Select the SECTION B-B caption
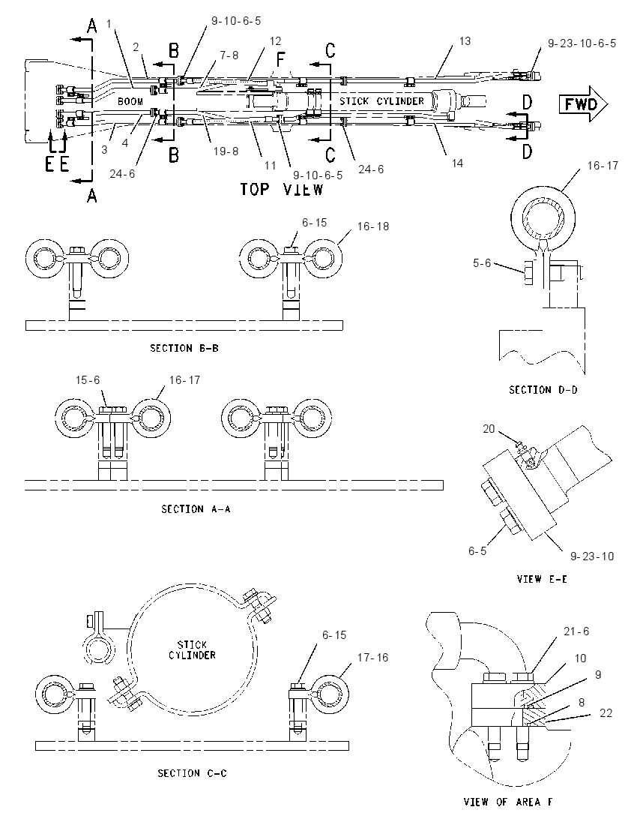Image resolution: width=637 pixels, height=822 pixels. (x=184, y=348)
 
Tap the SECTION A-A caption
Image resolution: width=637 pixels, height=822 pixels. (x=196, y=509)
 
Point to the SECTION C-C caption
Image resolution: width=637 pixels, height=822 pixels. (x=193, y=773)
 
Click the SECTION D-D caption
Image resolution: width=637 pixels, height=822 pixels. (x=543, y=390)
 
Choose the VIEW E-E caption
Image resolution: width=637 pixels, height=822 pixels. (x=542, y=579)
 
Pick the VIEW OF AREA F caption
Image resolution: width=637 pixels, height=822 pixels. (x=507, y=802)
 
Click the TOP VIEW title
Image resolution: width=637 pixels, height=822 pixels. (x=281, y=189)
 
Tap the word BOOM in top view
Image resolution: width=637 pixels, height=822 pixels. (x=130, y=101)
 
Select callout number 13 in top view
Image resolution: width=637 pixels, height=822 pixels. (x=465, y=41)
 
